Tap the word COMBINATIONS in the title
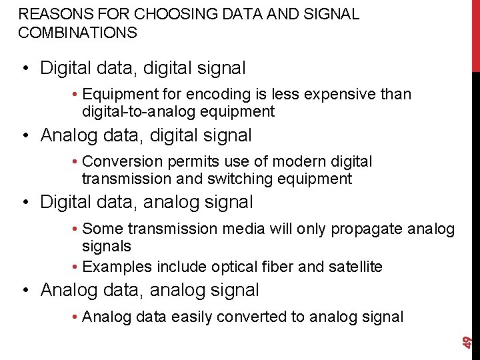(78, 32)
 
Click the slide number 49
(469, 341)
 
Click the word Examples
(117, 267)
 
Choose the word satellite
(355, 267)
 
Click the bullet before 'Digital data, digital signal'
(25, 69)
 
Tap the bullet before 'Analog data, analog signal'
(25, 291)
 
